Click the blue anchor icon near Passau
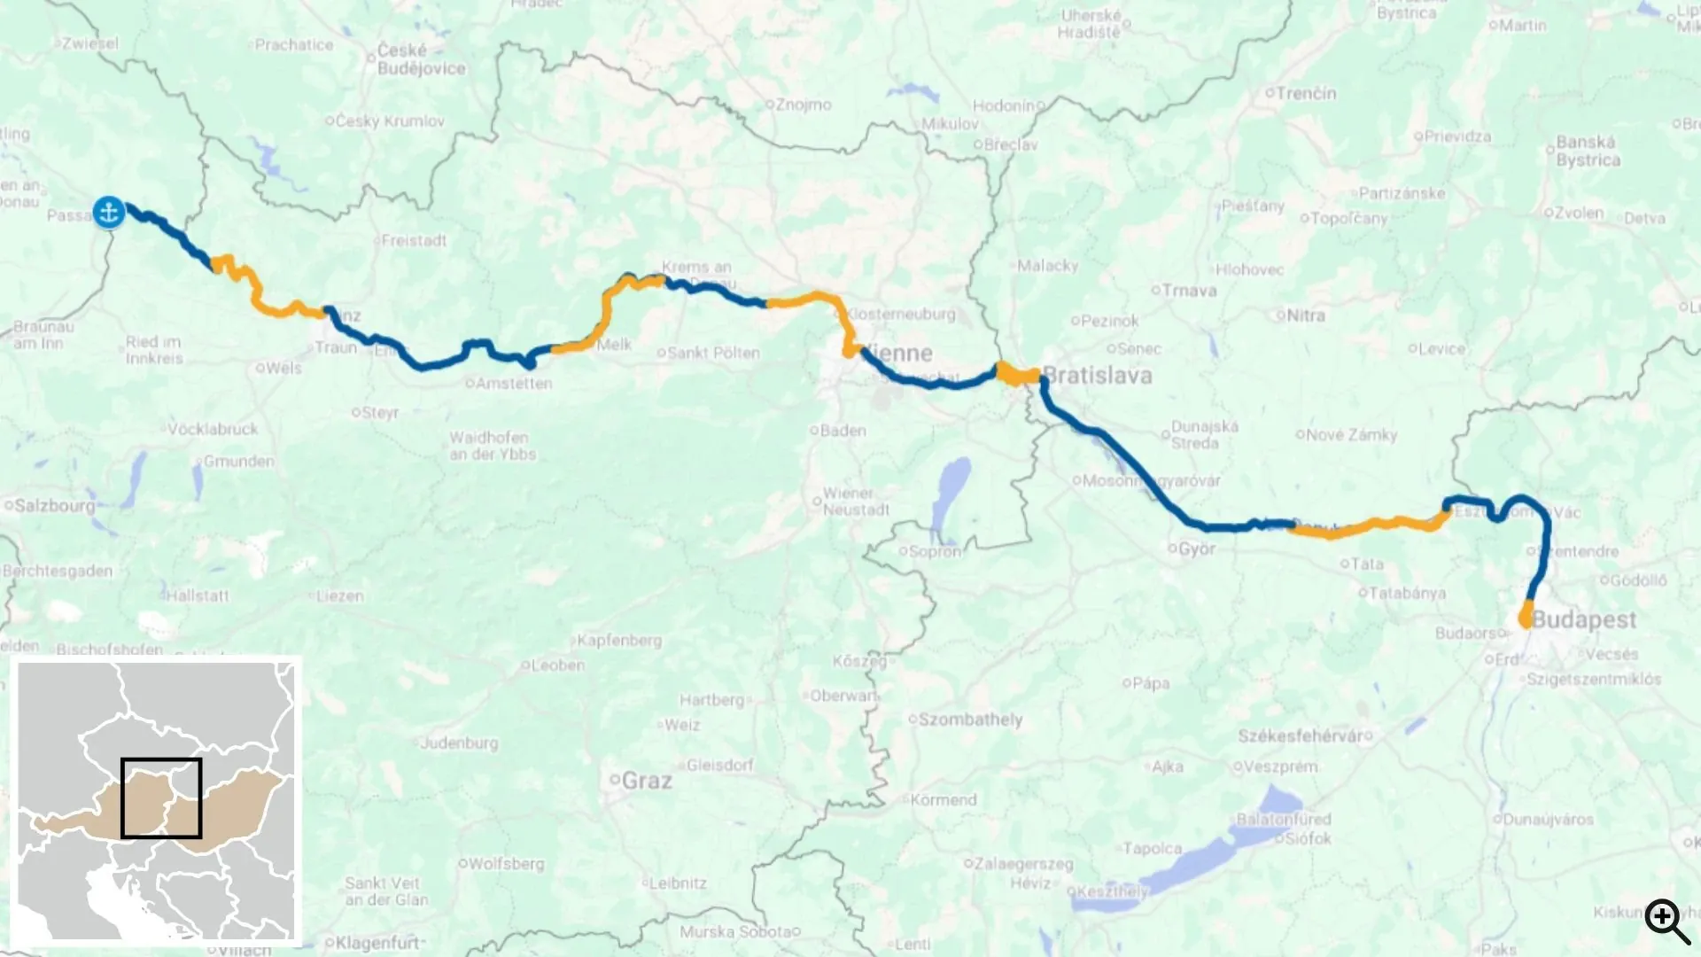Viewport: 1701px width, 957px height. pos(109,213)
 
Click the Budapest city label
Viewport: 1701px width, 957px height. pos(1583,619)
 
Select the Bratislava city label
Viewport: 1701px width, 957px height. pos(1097,376)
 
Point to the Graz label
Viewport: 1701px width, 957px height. pos(647,781)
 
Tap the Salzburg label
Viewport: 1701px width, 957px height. pos(54,506)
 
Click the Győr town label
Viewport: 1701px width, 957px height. pos(1197,549)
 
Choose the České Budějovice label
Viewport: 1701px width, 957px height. pos(421,59)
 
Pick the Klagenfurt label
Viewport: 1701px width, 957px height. pos(377,943)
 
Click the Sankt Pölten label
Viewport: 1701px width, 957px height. pos(713,353)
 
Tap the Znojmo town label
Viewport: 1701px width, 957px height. pos(804,105)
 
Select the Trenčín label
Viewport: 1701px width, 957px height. pos(1306,93)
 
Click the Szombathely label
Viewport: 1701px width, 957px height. pos(970,720)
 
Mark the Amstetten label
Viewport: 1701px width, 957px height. pos(514,384)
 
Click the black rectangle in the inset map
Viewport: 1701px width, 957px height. pos(161,797)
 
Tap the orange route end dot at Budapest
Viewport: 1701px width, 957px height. pos(1526,619)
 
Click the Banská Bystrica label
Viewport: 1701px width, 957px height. pos(1588,152)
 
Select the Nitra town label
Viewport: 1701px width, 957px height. pos(1306,315)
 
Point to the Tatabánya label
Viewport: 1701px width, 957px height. pos(1407,593)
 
